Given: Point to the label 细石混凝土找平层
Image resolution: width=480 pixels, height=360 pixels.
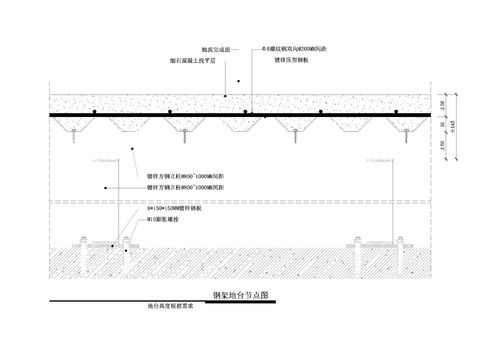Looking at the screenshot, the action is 188,60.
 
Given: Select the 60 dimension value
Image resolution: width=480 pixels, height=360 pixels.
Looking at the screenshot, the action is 442,105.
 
